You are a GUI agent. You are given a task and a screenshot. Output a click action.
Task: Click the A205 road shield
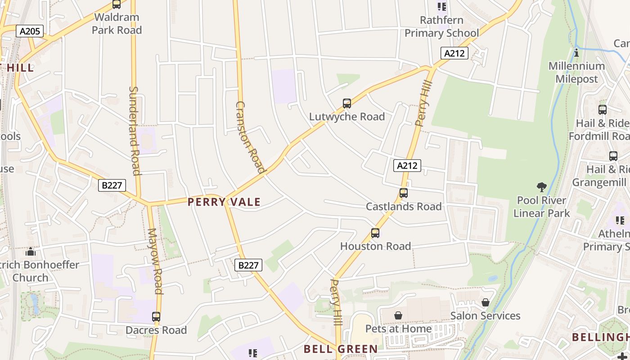coord(30,31)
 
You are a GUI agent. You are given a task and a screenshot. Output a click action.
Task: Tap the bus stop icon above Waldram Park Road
coord(117,4)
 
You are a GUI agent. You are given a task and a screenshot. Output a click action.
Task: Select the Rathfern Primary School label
coord(441,27)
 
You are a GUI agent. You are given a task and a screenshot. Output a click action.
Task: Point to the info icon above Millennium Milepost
coord(576,53)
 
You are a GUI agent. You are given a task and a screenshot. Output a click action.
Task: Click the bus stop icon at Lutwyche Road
coord(346,103)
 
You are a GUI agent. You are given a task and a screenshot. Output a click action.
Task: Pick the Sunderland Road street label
coord(134,130)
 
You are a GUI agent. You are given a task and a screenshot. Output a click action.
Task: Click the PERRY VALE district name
coord(224,202)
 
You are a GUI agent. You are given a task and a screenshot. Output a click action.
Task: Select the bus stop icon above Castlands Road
coord(404,193)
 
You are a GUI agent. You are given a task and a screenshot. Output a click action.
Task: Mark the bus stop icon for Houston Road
coord(375,233)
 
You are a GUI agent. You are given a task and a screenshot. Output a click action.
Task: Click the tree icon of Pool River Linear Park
coord(542,187)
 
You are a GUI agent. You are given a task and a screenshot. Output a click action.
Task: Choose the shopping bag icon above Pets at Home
coord(398,315)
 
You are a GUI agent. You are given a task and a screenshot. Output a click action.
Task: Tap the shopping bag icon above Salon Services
coord(485,302)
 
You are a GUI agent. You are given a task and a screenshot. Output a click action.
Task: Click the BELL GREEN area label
coord(341,349)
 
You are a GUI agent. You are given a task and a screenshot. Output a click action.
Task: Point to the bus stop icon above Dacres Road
coord(156,317)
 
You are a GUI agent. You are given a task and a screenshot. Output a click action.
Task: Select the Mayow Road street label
coord(154,261)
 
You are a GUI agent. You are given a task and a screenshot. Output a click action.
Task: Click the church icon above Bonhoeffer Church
coord(31,252)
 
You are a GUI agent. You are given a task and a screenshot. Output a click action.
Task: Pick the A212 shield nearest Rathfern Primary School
coord(454,54)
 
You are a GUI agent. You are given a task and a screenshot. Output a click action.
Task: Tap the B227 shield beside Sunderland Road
coord(112,185)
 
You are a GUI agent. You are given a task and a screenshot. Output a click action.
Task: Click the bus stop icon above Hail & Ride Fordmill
coord(602,109)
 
